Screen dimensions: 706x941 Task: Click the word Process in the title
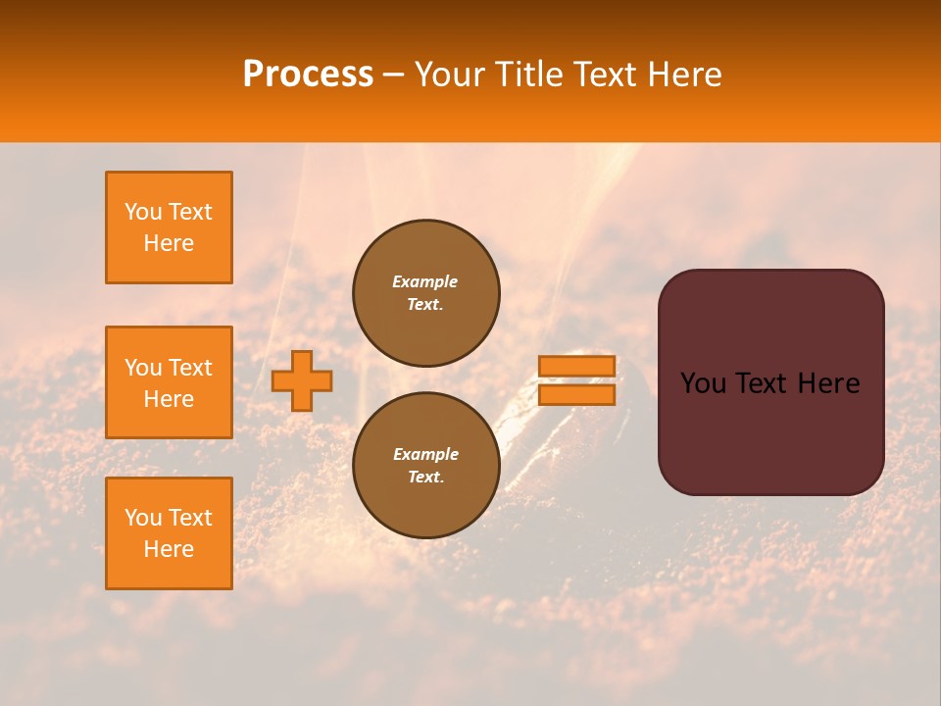click(308, 75)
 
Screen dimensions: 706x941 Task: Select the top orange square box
click(169, 227)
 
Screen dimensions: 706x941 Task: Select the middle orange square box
click(169, 382)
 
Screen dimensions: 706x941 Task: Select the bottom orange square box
click(169, 533)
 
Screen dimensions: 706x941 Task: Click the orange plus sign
click(302, 381)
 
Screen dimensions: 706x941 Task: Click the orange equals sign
click(576, 380)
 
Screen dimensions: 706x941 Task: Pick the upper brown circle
click(425, 292)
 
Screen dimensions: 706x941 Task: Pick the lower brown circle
click(425, 465)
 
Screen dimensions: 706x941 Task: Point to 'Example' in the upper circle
click(425, 281)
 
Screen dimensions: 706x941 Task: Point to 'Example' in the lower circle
click(425, 454)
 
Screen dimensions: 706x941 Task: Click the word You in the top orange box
click(143, 212)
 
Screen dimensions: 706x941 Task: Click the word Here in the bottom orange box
click(169, 549)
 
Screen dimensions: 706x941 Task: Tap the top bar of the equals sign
click(576, 366)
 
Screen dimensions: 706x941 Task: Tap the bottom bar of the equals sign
click(576, 395)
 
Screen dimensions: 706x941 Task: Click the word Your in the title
click(449, 75)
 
